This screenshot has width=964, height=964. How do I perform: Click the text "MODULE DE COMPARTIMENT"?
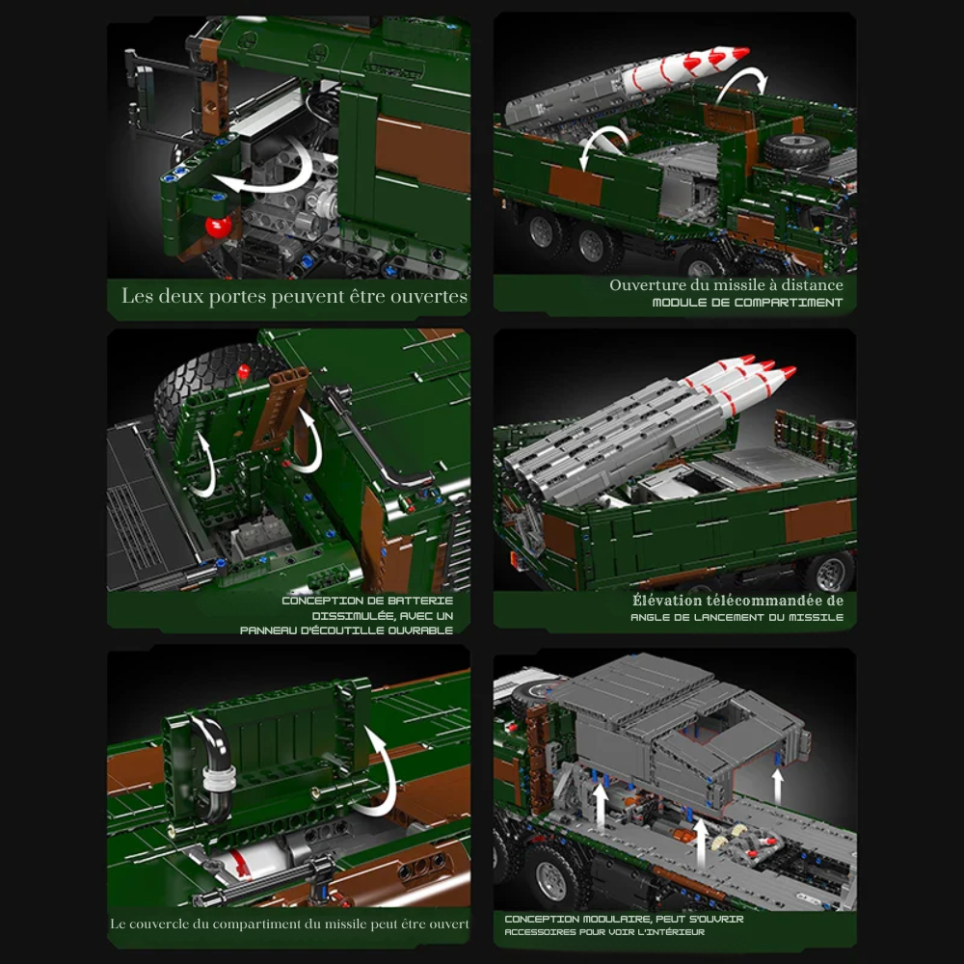747,303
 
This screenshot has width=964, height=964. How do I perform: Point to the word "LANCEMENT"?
728,617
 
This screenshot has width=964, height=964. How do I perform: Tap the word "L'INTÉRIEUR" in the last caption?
670,932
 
